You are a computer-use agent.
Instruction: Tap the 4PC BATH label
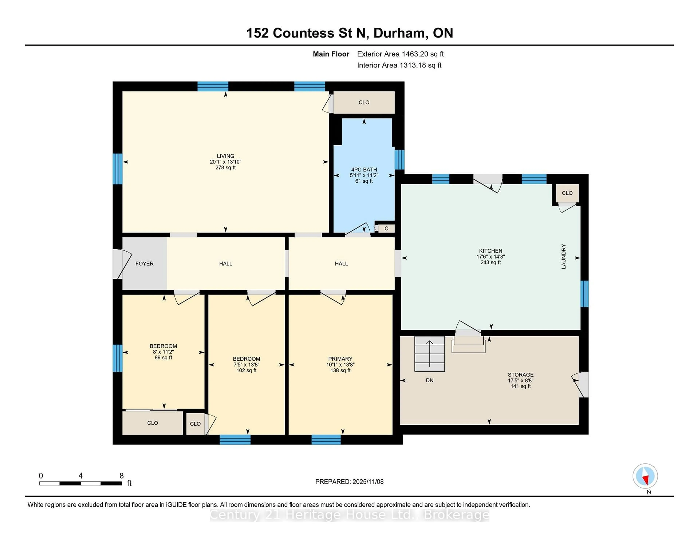[x=364, y=170]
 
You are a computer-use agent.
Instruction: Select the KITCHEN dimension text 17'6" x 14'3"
[x=490, y=257]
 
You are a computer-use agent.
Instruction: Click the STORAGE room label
[x=520, y=375]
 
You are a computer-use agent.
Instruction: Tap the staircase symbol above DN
[x=430, y=354]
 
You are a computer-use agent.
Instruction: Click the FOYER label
[x=144, y=264]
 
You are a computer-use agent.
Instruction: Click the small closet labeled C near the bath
[x=386, y=228]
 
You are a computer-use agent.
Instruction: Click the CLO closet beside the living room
[x=364, y=102]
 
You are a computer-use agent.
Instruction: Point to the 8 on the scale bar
[x=122, y=476]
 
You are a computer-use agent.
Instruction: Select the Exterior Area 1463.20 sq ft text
[x=400, y=54]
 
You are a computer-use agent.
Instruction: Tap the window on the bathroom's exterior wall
[x=399, y=159]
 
